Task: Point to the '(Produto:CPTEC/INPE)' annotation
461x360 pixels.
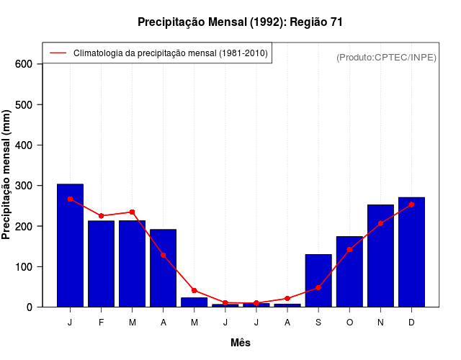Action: click(x=387, y=57)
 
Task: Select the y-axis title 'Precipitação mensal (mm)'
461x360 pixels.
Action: click(x=7, y=174)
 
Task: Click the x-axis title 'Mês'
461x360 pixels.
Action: click(x=241, y=343)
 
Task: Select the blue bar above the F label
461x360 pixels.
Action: click(x=102, y=264)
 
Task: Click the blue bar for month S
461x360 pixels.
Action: click(x=318, y=281)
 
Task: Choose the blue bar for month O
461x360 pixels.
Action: click(x=349, y=271)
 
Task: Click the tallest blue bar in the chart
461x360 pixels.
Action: click(x=71, y=246)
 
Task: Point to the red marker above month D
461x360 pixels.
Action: click(x=411, y=204)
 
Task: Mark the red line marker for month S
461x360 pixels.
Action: click(x=318, y=287)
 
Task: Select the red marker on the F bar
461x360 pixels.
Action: click(x=102, y=216)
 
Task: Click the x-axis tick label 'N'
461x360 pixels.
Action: click(x=380, y=323)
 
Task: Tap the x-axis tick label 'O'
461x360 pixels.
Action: click(x=349, y=323)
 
